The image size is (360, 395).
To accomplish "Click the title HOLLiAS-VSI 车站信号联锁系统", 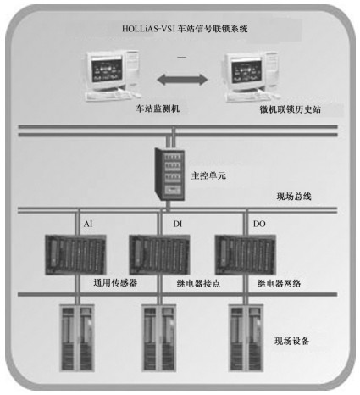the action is pos(185,29).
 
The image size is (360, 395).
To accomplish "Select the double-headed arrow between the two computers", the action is pos(182,80).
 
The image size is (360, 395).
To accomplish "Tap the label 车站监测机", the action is pos(158,108).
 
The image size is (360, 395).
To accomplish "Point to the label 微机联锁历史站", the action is pos(290,109).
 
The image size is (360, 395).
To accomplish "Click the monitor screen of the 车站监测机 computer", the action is pos(107,70).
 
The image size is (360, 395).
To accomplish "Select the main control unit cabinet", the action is pos(169,175).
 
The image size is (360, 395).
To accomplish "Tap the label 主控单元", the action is pos(208,175).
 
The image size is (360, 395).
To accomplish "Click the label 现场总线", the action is pos(294,196).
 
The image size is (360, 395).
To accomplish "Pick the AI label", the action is pos(88,224).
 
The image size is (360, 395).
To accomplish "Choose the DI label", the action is pos(178,224).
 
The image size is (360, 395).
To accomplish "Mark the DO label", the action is pos(259,224).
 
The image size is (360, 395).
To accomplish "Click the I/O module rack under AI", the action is pos(75,254).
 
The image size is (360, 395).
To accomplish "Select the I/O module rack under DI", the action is pos(159,254).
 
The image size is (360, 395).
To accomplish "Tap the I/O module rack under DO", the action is pos(246,254).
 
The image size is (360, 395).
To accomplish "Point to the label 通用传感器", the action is pos(115,282).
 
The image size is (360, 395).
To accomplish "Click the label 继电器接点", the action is pos(198,283).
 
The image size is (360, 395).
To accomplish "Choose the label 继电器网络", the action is pos(279,283).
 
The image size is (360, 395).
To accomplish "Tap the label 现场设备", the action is pos(292,341).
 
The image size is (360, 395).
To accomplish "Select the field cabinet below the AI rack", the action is pos(76,337).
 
